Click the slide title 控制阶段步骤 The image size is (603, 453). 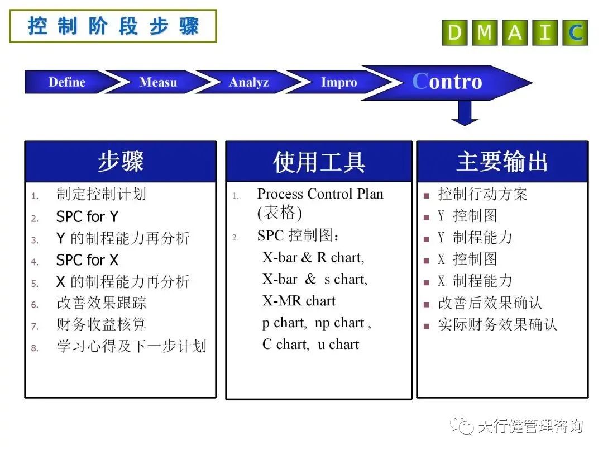(113, 26)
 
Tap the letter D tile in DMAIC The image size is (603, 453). (455, 33)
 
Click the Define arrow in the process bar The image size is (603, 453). (67, 82)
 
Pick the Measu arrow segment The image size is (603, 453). (158, 82)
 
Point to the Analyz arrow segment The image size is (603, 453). (248, 82)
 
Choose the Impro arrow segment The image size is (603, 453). (338, 82)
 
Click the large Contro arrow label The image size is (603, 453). (447, 82)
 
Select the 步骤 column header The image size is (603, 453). (121, 162)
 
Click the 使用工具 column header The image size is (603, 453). (319, 162)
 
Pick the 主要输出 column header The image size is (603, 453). (502, 162)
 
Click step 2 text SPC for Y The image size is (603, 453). (87, 216)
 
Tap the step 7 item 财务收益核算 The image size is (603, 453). (102, 325)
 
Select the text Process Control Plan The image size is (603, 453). (320, 194)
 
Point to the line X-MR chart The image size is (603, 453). (299, 301)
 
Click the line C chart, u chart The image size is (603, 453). (310, 345)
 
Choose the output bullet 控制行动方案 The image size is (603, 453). (482, 195)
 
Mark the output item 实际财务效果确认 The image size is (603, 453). (497, 325)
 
